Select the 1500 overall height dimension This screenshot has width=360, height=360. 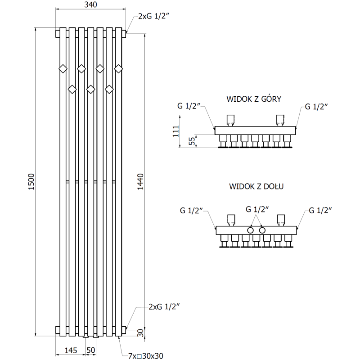coord(31,182)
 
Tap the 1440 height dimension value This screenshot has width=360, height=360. coord(140,182)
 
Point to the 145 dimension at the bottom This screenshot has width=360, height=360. coord(71,350)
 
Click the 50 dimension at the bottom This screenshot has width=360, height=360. coord(91,350)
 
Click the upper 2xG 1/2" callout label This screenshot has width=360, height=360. coord(153,17)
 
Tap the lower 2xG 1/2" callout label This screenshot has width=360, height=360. coord(164,307)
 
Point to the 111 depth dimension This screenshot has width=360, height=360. coord(176,131)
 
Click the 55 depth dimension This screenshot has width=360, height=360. coord(192,141)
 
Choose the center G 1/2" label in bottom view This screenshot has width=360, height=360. coord(257,209)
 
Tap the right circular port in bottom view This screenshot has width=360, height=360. coord(262,230)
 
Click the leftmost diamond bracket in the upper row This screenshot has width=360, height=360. coord(63,68)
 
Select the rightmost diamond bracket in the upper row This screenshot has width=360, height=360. coord(118,68)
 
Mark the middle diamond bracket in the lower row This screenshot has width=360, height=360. coord(90,89)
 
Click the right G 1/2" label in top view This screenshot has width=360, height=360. coord(316,107)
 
